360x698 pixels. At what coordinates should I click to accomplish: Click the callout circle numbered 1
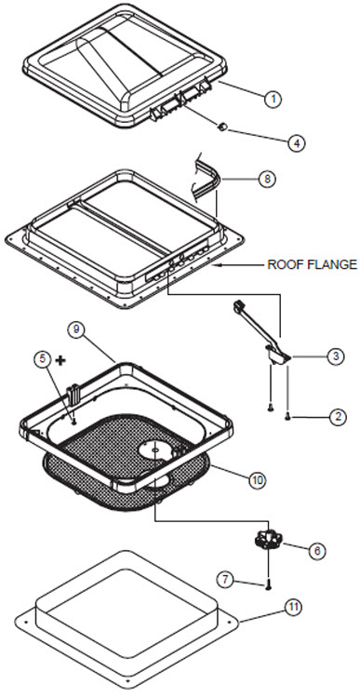(273, 99)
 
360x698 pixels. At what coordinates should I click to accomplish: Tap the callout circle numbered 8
(267, 180)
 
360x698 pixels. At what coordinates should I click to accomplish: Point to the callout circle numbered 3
(336, 356)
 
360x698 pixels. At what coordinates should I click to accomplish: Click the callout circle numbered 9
(76, 329)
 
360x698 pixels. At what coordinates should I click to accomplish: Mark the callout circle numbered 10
(257, 480)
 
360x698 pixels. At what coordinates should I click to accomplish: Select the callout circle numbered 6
(317, 551)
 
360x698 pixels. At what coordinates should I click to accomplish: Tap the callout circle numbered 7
(226, 579)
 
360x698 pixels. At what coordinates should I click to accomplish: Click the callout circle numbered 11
(294, 607)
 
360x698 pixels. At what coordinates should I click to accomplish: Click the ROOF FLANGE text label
(312, 265)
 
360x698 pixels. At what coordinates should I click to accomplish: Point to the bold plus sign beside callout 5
(60, 360)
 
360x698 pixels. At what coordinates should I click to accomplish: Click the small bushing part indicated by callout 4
(223, 128)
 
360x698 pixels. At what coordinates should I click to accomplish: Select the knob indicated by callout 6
(266, 541)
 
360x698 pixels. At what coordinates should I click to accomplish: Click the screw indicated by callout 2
(287, 417)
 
